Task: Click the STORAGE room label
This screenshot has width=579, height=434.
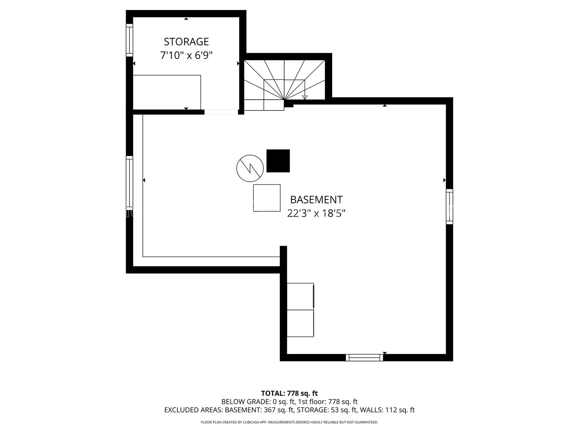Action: (x=186, y=42)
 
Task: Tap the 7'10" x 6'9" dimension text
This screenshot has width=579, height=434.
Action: (x=186, y=55)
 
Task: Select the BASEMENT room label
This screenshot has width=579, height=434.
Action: (x=316, y=200)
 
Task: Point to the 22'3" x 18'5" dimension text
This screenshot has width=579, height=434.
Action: (x=316, y=213)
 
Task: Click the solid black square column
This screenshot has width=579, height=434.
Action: (x=278, y=161)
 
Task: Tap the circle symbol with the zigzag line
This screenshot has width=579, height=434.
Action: (x=250, y=168)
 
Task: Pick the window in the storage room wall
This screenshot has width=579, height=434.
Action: (x=129, y=40)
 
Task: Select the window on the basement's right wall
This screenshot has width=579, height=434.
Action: (x=450, y=207)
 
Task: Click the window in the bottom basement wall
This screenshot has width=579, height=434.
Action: (x=364, y=357)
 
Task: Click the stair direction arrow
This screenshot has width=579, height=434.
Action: (x=305, y=89)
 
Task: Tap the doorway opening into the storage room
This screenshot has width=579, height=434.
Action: (x=221, y=112)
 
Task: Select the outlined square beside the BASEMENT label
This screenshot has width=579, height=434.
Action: (x=267, y=198)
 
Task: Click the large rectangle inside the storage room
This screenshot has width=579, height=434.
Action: (x=167, y=92)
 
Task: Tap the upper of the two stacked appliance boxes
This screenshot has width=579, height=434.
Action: (x=300, y=297)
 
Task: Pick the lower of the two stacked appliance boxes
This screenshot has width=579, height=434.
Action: (x=300, y=323)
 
